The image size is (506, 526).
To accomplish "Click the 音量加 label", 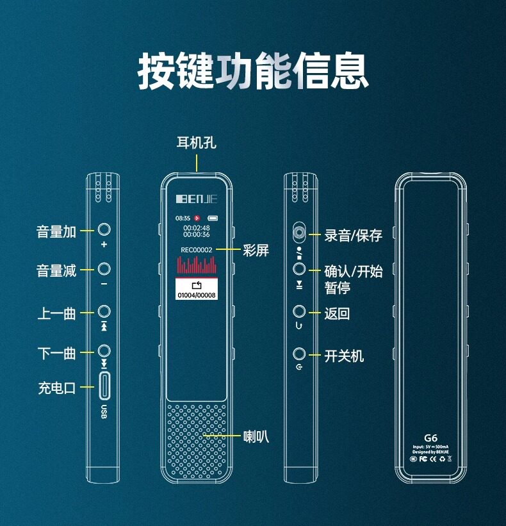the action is (56, 231).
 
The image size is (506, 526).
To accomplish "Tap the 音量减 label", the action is (56, 270).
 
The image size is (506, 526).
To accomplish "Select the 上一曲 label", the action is (56, 313).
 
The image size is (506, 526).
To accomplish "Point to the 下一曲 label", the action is (56, 352).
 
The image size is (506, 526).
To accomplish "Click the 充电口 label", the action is (57, 388).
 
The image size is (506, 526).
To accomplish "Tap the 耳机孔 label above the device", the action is (196, 142).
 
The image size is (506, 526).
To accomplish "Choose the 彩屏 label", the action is (256, 250).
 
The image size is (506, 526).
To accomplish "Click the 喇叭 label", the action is (256, 436).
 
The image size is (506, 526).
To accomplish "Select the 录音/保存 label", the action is (353, 235).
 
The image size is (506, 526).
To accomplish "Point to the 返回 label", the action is (337, 313).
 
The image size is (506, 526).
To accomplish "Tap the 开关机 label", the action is (344, 355).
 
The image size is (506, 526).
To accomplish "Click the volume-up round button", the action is (104, 229).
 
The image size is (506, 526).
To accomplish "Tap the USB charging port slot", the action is (104, 387).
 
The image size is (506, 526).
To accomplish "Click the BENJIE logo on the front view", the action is (197, 199).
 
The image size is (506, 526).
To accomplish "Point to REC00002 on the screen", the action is (197, 249).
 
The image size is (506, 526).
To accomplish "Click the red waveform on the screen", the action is (197, 265).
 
